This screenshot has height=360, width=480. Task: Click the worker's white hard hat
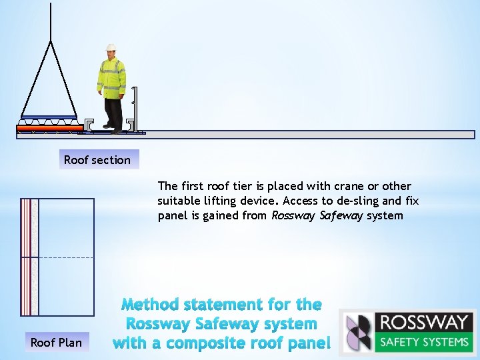click(x=111, y=48)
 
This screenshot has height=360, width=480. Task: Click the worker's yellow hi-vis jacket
click(x=111, y=76)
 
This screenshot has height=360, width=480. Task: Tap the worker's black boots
click(x=112, y=127)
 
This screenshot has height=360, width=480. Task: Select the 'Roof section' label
click(x=97, y=160)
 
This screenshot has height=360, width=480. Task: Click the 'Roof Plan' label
click(x=56, y=343)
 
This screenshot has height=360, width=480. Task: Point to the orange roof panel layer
click(x=50, y=127)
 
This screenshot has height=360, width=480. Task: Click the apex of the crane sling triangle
click(x=51, y=41)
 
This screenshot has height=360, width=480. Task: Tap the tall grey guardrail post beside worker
click(x=134, y=107)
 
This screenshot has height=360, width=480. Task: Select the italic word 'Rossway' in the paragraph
click(x=293, y=215)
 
